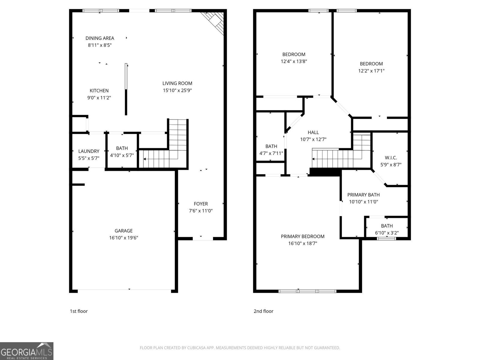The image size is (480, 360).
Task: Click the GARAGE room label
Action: [123, 231]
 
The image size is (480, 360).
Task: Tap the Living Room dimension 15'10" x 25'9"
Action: [177, 90]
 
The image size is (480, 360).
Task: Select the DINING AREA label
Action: [100, 38]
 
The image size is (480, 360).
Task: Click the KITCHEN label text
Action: [99, 91]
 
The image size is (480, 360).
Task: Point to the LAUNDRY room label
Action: [88, 151]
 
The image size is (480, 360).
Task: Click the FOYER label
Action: [200, 204]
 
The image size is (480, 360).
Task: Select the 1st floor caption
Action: [79, 311]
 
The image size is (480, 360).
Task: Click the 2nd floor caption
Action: [263, 311]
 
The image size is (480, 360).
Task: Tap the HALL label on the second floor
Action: [313, 132]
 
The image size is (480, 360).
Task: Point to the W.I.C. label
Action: [391, 157]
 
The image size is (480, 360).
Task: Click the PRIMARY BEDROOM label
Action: [302, 236]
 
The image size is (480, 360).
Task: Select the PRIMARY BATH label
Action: [363, 195]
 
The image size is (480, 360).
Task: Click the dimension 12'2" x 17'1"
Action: [371, 71]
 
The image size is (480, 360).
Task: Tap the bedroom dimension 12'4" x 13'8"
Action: [294, 61]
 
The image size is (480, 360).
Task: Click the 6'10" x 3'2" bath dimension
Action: [387, 233]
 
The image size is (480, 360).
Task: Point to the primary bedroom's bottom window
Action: [307, 291]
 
